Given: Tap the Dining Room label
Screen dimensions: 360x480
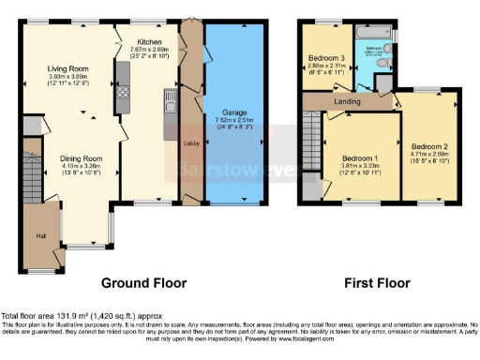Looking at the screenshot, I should (x=78, y=157).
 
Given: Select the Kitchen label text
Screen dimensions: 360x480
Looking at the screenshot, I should (x=151, y=42).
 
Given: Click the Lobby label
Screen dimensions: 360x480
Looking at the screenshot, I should (x=188, y=143).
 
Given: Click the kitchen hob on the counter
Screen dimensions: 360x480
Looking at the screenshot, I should (x=123, y=93).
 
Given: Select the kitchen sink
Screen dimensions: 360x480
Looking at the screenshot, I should (x=170, y=99).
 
